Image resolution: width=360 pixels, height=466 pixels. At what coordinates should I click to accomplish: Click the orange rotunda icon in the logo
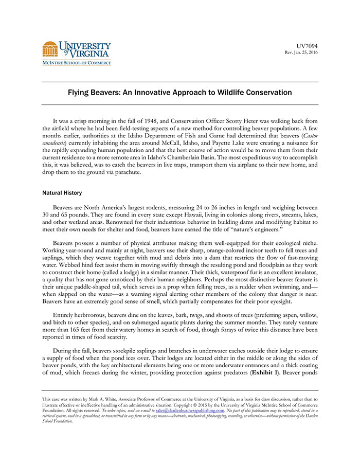[x=50, y=49]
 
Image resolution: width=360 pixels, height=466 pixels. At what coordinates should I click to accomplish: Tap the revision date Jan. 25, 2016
[x=304, y=53]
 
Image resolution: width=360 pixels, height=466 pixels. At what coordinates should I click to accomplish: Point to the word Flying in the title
[x=80, y=93]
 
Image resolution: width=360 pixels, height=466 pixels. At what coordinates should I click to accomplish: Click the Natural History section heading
[x=62, y=193]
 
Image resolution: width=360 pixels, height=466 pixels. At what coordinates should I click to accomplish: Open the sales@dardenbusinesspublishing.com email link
[x=190, y=410]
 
